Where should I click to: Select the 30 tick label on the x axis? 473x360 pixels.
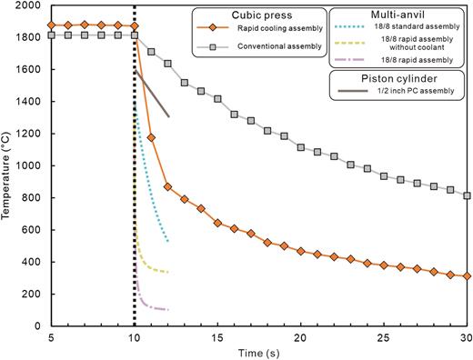pyautogui.click(x=465, y=337)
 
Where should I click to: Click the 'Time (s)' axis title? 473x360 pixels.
pyautogui.click(x=257, y=352)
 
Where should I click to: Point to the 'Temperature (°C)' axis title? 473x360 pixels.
pyautogui.click(x=8, y=165)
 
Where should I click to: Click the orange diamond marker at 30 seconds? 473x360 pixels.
pyautogui.click(x=466, y=275)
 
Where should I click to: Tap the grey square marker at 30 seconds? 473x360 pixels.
pyautogui.click(x=466, y=195)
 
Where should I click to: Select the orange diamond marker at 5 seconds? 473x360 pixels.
pyautogui.click(x=52, y=25)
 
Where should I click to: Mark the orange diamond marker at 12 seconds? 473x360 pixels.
pyautogui.click(x=167, y=186)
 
